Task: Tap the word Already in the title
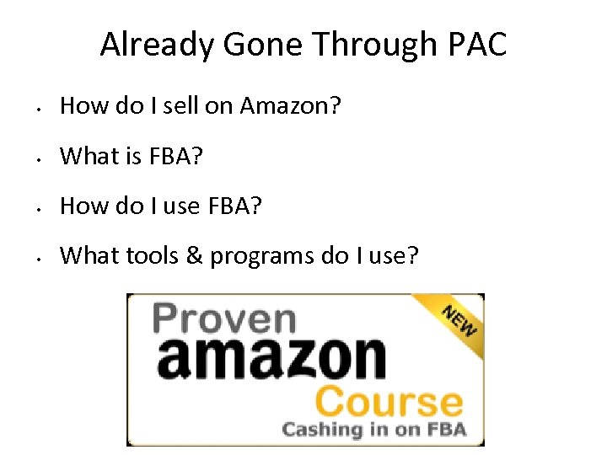(x=155, y=45)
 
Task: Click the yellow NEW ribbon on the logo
(x=456, y=318)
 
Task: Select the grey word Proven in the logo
(x=224, y=319)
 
